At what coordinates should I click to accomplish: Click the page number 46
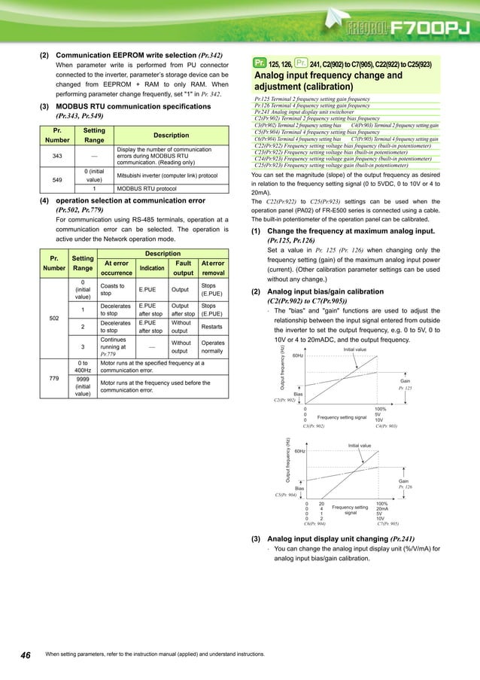tap(25, 655)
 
